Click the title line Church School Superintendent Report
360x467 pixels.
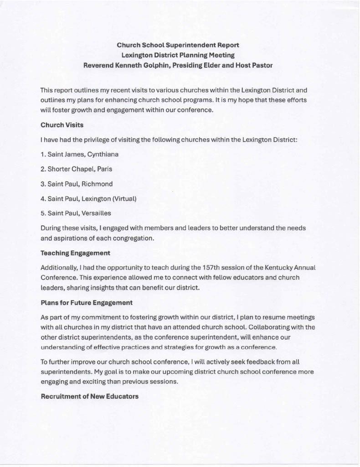178,45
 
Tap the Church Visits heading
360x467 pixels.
62,125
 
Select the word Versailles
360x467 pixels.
96,213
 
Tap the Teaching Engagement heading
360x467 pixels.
75,253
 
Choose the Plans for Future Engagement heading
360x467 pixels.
87,302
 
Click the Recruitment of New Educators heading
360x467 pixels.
90,396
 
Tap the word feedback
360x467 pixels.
252,362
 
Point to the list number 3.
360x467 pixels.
42,184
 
